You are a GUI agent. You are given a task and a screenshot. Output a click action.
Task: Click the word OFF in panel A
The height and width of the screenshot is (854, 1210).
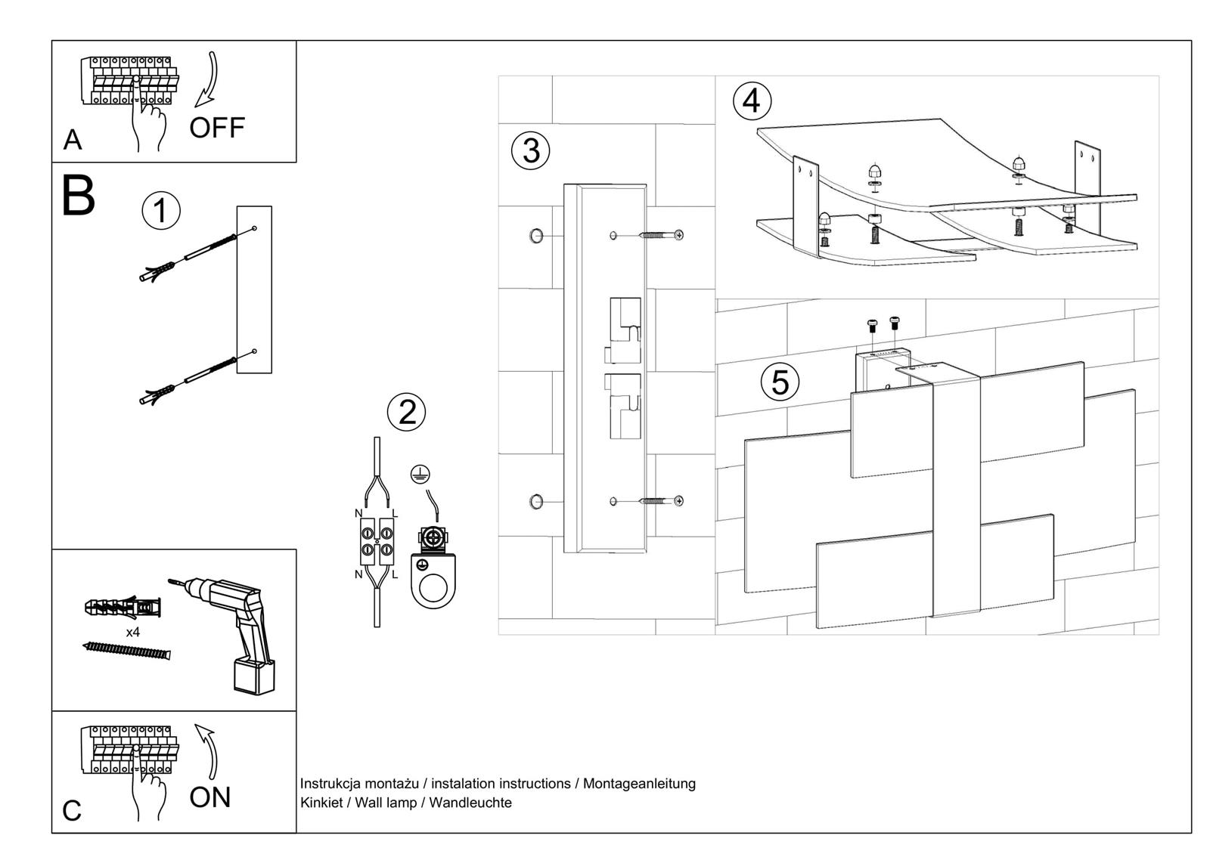[217, 128]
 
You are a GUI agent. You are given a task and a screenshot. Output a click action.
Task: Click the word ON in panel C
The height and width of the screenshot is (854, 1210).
[209, 797]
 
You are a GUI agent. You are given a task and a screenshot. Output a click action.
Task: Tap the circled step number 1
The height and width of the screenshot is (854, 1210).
[161, 211]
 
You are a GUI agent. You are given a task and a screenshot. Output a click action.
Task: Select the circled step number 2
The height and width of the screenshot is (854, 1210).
[407, 413]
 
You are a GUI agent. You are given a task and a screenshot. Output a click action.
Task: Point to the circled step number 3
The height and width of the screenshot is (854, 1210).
[531, 150]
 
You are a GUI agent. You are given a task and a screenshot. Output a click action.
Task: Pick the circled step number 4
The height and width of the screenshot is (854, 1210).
[752, 101]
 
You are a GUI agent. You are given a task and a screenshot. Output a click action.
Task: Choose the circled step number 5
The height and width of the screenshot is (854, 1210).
[780, 382]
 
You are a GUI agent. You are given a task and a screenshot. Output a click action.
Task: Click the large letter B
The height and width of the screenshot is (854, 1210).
[78, 196]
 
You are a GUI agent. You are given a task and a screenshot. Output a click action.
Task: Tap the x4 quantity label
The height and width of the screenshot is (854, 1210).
[132, 632]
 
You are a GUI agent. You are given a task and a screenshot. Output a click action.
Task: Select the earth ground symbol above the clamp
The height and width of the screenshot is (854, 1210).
[421, 474]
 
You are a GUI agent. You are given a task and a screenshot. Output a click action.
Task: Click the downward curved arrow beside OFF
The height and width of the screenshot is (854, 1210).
[207, 79]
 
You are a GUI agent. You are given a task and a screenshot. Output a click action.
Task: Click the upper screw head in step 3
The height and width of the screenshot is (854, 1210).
[678, 235]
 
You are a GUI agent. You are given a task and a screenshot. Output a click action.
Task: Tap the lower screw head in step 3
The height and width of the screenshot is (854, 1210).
[678, 500]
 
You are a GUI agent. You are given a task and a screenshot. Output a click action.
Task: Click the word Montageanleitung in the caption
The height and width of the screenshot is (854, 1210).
[639, 784]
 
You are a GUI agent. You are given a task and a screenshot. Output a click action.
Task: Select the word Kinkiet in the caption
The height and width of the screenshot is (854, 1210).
[321, 803]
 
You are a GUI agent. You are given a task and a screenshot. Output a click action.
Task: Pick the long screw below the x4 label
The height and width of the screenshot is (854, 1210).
[126, 649]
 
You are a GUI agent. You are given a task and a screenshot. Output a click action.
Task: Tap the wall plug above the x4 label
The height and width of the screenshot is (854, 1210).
[123, 607]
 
